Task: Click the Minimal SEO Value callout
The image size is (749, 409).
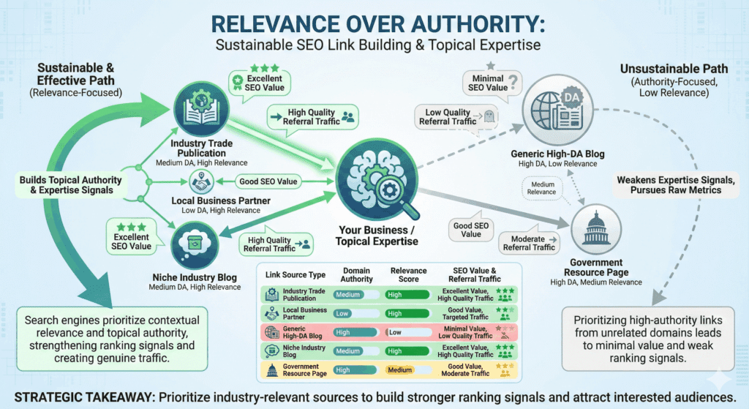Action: pyautogui.click(x=487, y=81)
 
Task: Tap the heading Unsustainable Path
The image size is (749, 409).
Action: pyautogui.click(x=661, y=70)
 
